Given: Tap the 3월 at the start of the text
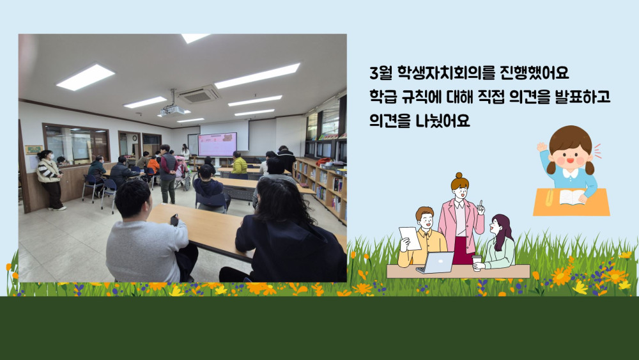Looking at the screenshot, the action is (x=380, y=74).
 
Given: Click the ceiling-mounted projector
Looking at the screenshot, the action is (x=172, y=110).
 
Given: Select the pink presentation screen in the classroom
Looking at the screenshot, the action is (x=217, y=144).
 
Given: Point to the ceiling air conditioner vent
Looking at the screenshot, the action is (x=199, y=95).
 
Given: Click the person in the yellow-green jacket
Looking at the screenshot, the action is (x=239, y=163).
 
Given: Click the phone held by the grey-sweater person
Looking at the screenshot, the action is (x=174, y=220).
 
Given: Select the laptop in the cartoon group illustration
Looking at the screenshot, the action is (x=435, y=263).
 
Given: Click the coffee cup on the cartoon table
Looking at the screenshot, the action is (x=477, y=263).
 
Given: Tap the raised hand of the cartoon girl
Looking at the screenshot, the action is (x=542, y=147).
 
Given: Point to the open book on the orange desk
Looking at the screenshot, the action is (x=572, y=197).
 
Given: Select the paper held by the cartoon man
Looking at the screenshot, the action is (x=410, y=238).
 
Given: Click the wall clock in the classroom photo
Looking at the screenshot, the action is (x=134, y=138).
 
